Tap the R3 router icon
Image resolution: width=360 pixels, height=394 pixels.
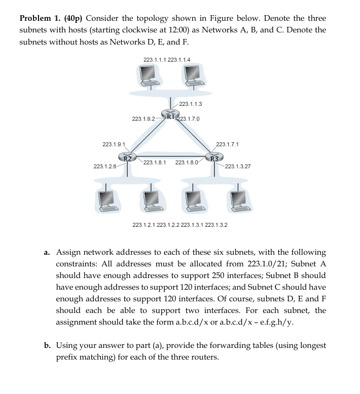[214, 157]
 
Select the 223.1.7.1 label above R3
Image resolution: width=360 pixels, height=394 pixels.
[228, 144]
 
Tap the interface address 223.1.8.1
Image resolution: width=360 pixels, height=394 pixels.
[156, 163]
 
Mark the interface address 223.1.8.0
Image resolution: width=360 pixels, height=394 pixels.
[187, 163]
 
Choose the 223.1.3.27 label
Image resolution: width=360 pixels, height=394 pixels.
[238, 166]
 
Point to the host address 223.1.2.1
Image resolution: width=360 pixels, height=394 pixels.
[144, 224]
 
